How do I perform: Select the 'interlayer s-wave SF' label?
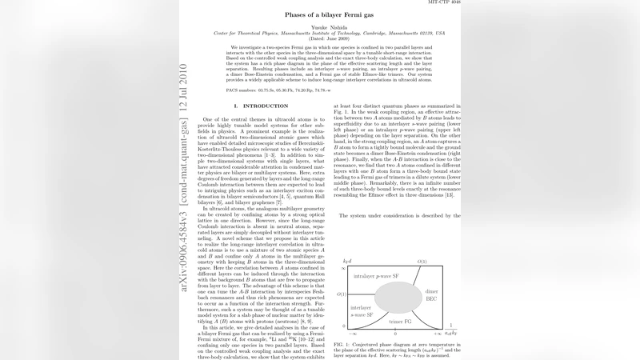coord(362,311)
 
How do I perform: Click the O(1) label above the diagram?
coord(422,262)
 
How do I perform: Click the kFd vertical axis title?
coord(347,261)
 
